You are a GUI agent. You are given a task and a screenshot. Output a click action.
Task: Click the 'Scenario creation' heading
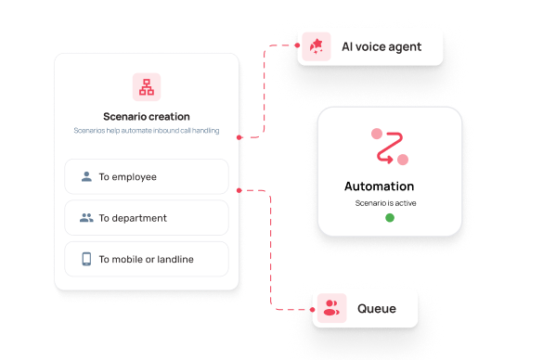tap(147, 117)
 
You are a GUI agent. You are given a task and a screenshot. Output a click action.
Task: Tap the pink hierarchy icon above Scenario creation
tap(147, 87)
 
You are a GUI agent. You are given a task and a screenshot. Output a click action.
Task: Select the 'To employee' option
tap(147, 176)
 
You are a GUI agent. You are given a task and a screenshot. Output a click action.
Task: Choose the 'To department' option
tap(147, 217)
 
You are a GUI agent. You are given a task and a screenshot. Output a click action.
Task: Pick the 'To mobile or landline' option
tap(147, 259)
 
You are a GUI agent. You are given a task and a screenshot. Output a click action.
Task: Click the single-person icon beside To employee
tap(86, 176)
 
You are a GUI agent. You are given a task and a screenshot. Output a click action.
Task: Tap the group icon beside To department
tap(86, 217)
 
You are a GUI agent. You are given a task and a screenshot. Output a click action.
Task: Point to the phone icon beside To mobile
tap(86, 259)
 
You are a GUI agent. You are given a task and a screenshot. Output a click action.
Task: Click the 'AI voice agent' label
tap(381, 46)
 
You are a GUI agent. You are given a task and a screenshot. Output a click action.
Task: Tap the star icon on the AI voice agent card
tap(317, 46)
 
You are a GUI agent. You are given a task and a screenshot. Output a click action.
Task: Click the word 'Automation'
tap(379, 186)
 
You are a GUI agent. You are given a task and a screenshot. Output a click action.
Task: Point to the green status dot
tap(390, 217)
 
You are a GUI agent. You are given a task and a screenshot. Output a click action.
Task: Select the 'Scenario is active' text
tap(386, 203)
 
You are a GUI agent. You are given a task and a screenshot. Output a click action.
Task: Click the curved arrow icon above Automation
tap(390, 147)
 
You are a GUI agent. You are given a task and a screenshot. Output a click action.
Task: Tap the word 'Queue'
tap(377, 309)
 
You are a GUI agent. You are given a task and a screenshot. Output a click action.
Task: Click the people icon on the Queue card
tap(331, 308)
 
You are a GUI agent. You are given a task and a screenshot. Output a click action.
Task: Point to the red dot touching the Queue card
tap(313, 310)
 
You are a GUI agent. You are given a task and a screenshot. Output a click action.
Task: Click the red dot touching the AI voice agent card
tap(297, 45)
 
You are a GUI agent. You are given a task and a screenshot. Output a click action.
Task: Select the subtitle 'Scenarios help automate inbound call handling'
tap(147, 131)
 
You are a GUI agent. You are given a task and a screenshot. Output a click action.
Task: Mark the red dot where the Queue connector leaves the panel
tap(239, 190)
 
